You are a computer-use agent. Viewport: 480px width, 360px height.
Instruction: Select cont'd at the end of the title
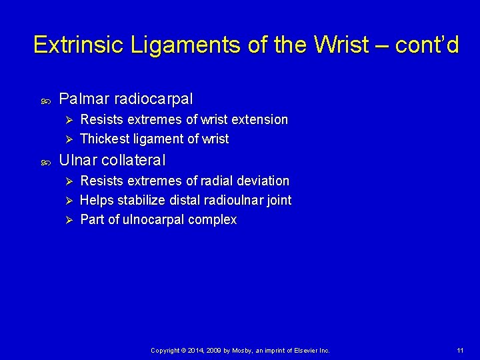pyautogui.click(x=427, y=45)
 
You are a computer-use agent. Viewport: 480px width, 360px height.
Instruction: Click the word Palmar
pyautogui.click(x=84, y=99)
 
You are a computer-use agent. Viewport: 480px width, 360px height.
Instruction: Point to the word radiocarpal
pyautogui.click(x=153, y=99)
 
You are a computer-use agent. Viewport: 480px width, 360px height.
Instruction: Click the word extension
pyautogui.click(x=259, y=120)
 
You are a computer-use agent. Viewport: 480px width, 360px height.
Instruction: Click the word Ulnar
pyautogui.click(x=78, y=160)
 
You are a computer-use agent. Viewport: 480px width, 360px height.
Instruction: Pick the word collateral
pyautogui.click(x=133, y=160)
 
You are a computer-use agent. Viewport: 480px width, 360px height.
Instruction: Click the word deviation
pyautogui.click(x=264, y=181)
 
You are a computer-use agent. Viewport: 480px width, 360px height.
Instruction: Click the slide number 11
pyautogui.click(x=460, y=351)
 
